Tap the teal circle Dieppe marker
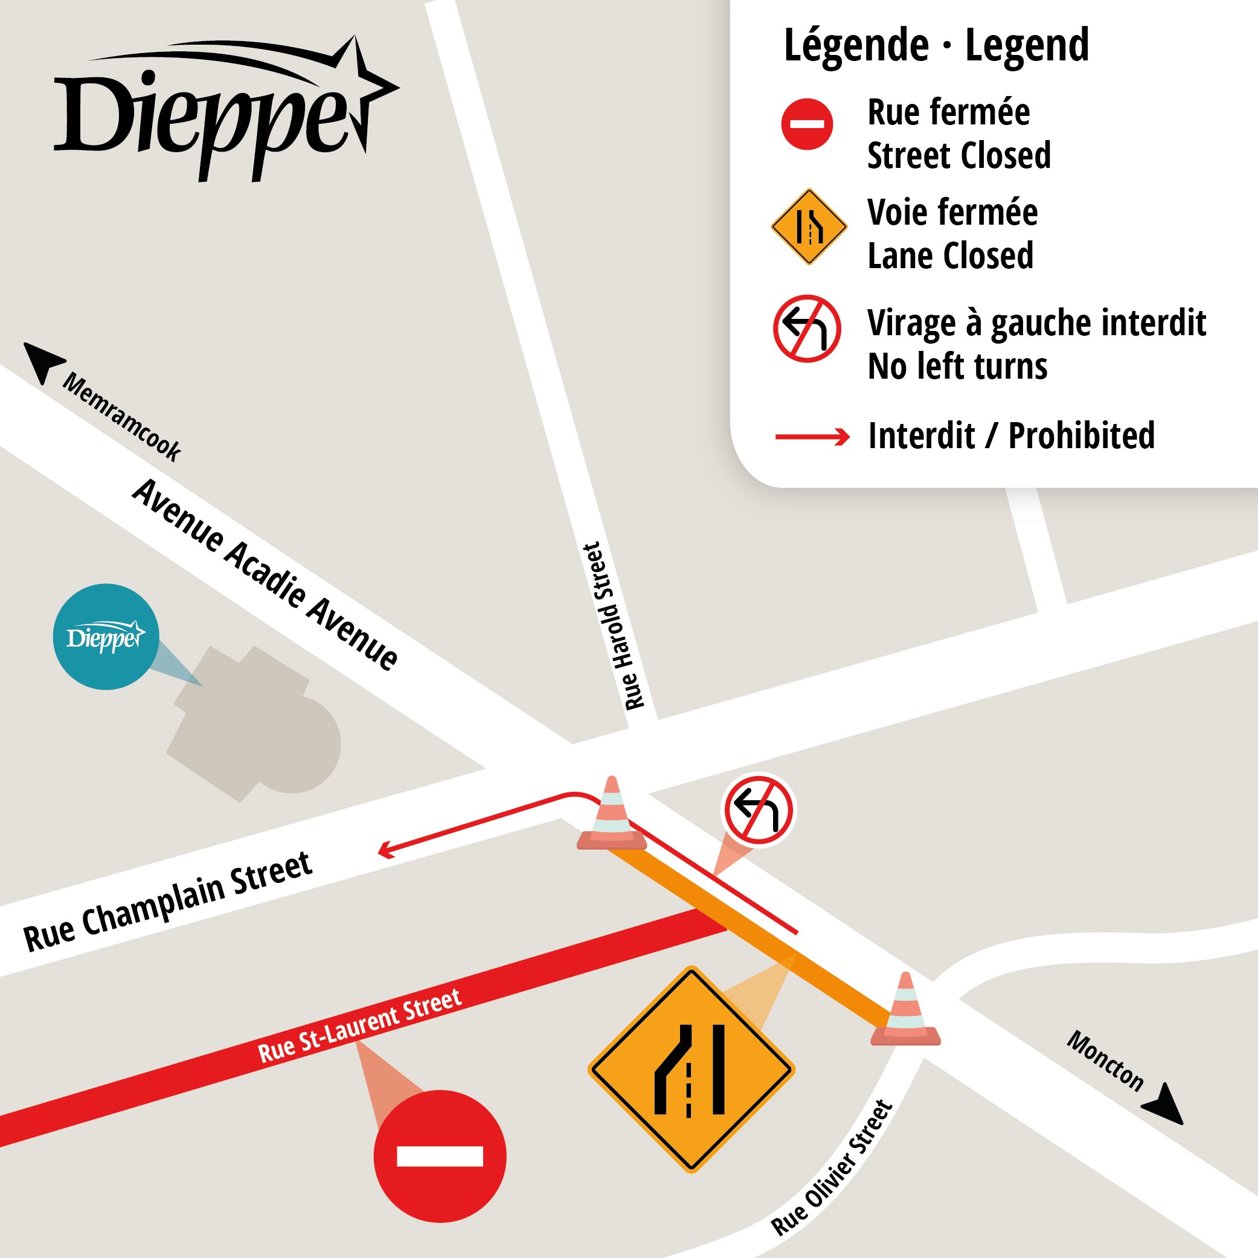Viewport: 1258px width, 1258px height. coord(106,636)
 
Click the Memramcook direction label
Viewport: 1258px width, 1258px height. coord(122,417)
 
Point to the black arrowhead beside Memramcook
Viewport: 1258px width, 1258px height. coord(42,361)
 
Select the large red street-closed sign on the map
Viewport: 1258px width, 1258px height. coord(440,1156)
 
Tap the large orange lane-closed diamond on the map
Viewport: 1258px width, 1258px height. coord(691,1069)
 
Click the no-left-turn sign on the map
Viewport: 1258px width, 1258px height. coord(758,809)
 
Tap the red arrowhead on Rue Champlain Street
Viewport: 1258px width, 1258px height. coord(386,850)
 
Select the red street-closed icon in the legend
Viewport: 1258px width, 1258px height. coord(807,124)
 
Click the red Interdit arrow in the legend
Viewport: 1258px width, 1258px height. coord(812,436)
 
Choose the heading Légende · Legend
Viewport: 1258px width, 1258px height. coord(936,45)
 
